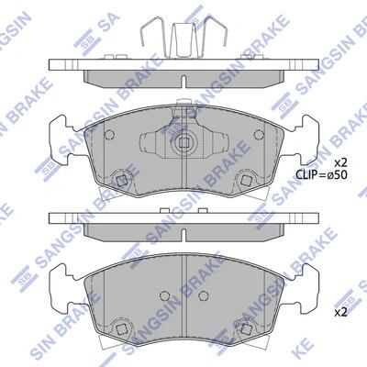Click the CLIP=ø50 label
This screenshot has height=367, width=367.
point(321,174)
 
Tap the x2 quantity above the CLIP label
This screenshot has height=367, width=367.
point(340,161)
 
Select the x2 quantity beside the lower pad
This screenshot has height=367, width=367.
point(340,312)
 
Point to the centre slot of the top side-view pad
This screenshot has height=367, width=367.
point(183,81)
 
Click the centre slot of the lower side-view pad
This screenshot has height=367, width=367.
point(183,235)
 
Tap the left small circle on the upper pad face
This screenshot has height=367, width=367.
point(109,134)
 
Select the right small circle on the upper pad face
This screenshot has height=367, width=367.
point(259,134)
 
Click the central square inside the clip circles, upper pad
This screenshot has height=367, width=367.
point(183,142)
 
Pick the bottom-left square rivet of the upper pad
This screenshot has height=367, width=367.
point(121,181)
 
